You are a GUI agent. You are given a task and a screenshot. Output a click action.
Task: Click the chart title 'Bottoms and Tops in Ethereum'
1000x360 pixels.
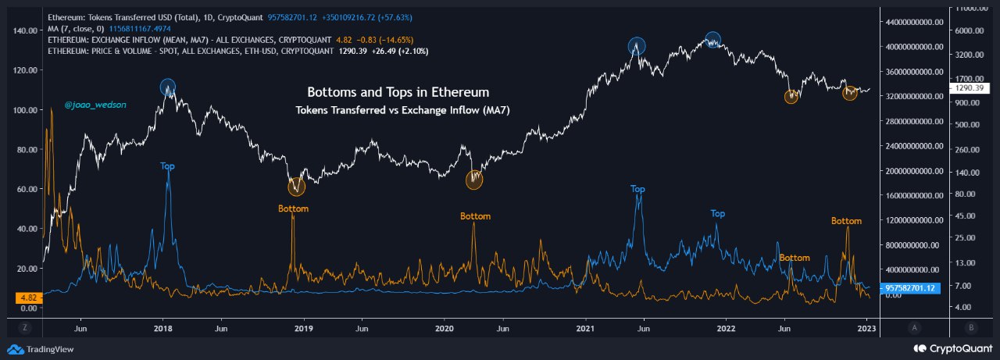(398, 92)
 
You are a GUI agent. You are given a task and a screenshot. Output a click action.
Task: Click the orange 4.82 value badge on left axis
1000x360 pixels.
(27, 298)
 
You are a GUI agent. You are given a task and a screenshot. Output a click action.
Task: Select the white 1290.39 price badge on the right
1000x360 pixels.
(968, 89)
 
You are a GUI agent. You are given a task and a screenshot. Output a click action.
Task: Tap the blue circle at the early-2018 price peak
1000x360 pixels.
(168, 87)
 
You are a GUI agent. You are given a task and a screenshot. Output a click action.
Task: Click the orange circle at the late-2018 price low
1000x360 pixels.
(297, 187)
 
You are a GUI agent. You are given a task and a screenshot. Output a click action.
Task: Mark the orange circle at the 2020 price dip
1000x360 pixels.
(475, 180)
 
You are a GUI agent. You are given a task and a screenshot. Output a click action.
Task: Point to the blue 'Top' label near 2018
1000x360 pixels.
(168, 166)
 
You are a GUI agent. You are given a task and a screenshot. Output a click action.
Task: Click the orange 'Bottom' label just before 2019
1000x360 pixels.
(294, 209)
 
